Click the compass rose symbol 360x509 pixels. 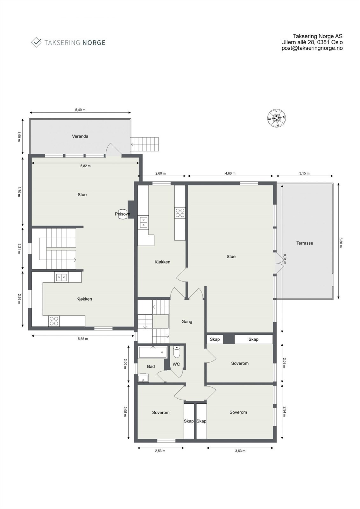click(276, 118)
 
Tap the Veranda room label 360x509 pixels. click(80, 136)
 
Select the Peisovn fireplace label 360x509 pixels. click(122, 214)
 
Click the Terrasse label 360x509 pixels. click(305, 243)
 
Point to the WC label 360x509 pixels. click(176, 364)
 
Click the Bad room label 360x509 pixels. click(151, 366)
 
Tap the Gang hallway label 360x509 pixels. click(187, 322)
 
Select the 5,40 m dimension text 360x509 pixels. click(80, 110)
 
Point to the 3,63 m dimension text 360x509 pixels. click(240, 451)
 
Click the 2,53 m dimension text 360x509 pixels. click(160, 451)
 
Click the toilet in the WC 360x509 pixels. click(177, 353)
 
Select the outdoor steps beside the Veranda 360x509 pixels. click(145, 144)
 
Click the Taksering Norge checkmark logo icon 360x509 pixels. click(36, 42)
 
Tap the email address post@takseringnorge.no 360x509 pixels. click(312, 48)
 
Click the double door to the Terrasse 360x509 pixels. click(279, 263)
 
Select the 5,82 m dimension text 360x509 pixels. click(85, 166)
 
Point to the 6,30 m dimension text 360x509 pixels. click(341, 241)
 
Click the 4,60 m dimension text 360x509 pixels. click(230, 173)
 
